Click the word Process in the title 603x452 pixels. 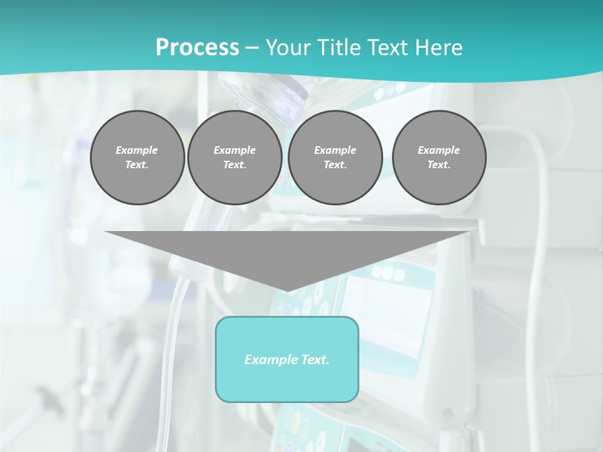click(197, 48)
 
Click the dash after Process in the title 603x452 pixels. click(252, 48)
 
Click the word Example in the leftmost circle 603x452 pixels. click(137, 150)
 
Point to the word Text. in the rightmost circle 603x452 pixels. click(439, 164)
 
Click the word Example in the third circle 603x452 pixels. click(335, 150)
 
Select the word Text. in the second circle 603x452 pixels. click(235, 164)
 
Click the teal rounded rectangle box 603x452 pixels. click(287, 383)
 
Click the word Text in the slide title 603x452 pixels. click(388, 48)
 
